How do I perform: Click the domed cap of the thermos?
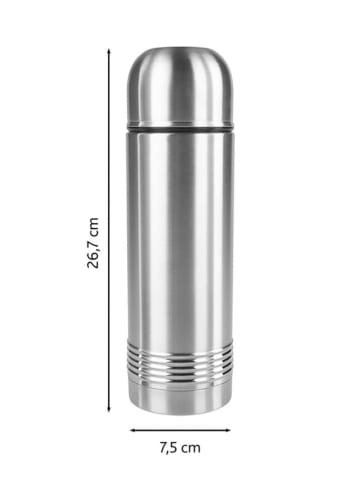pos(180,85)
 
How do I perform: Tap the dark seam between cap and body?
pos(180,127)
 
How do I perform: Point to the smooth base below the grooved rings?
pos(180,395)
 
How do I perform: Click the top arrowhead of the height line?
pos(108,52)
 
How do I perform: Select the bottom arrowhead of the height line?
pos(108,409)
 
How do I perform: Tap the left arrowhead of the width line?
pos(131,431)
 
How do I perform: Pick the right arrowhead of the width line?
pos(229,431)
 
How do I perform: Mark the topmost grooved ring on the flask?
pos(180,344)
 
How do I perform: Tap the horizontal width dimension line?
pos(180,431)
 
